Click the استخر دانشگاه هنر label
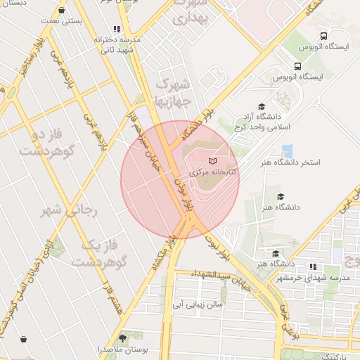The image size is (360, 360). [x=290, y=162]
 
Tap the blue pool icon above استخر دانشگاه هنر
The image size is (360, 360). [x=287, y=150]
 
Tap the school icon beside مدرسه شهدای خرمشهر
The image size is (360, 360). [x=312, y=266]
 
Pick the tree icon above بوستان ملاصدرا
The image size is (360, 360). [x=123, y=336]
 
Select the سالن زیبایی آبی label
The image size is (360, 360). [x=198, y=304]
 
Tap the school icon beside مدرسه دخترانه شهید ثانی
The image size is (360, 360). [x=116, y=30]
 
